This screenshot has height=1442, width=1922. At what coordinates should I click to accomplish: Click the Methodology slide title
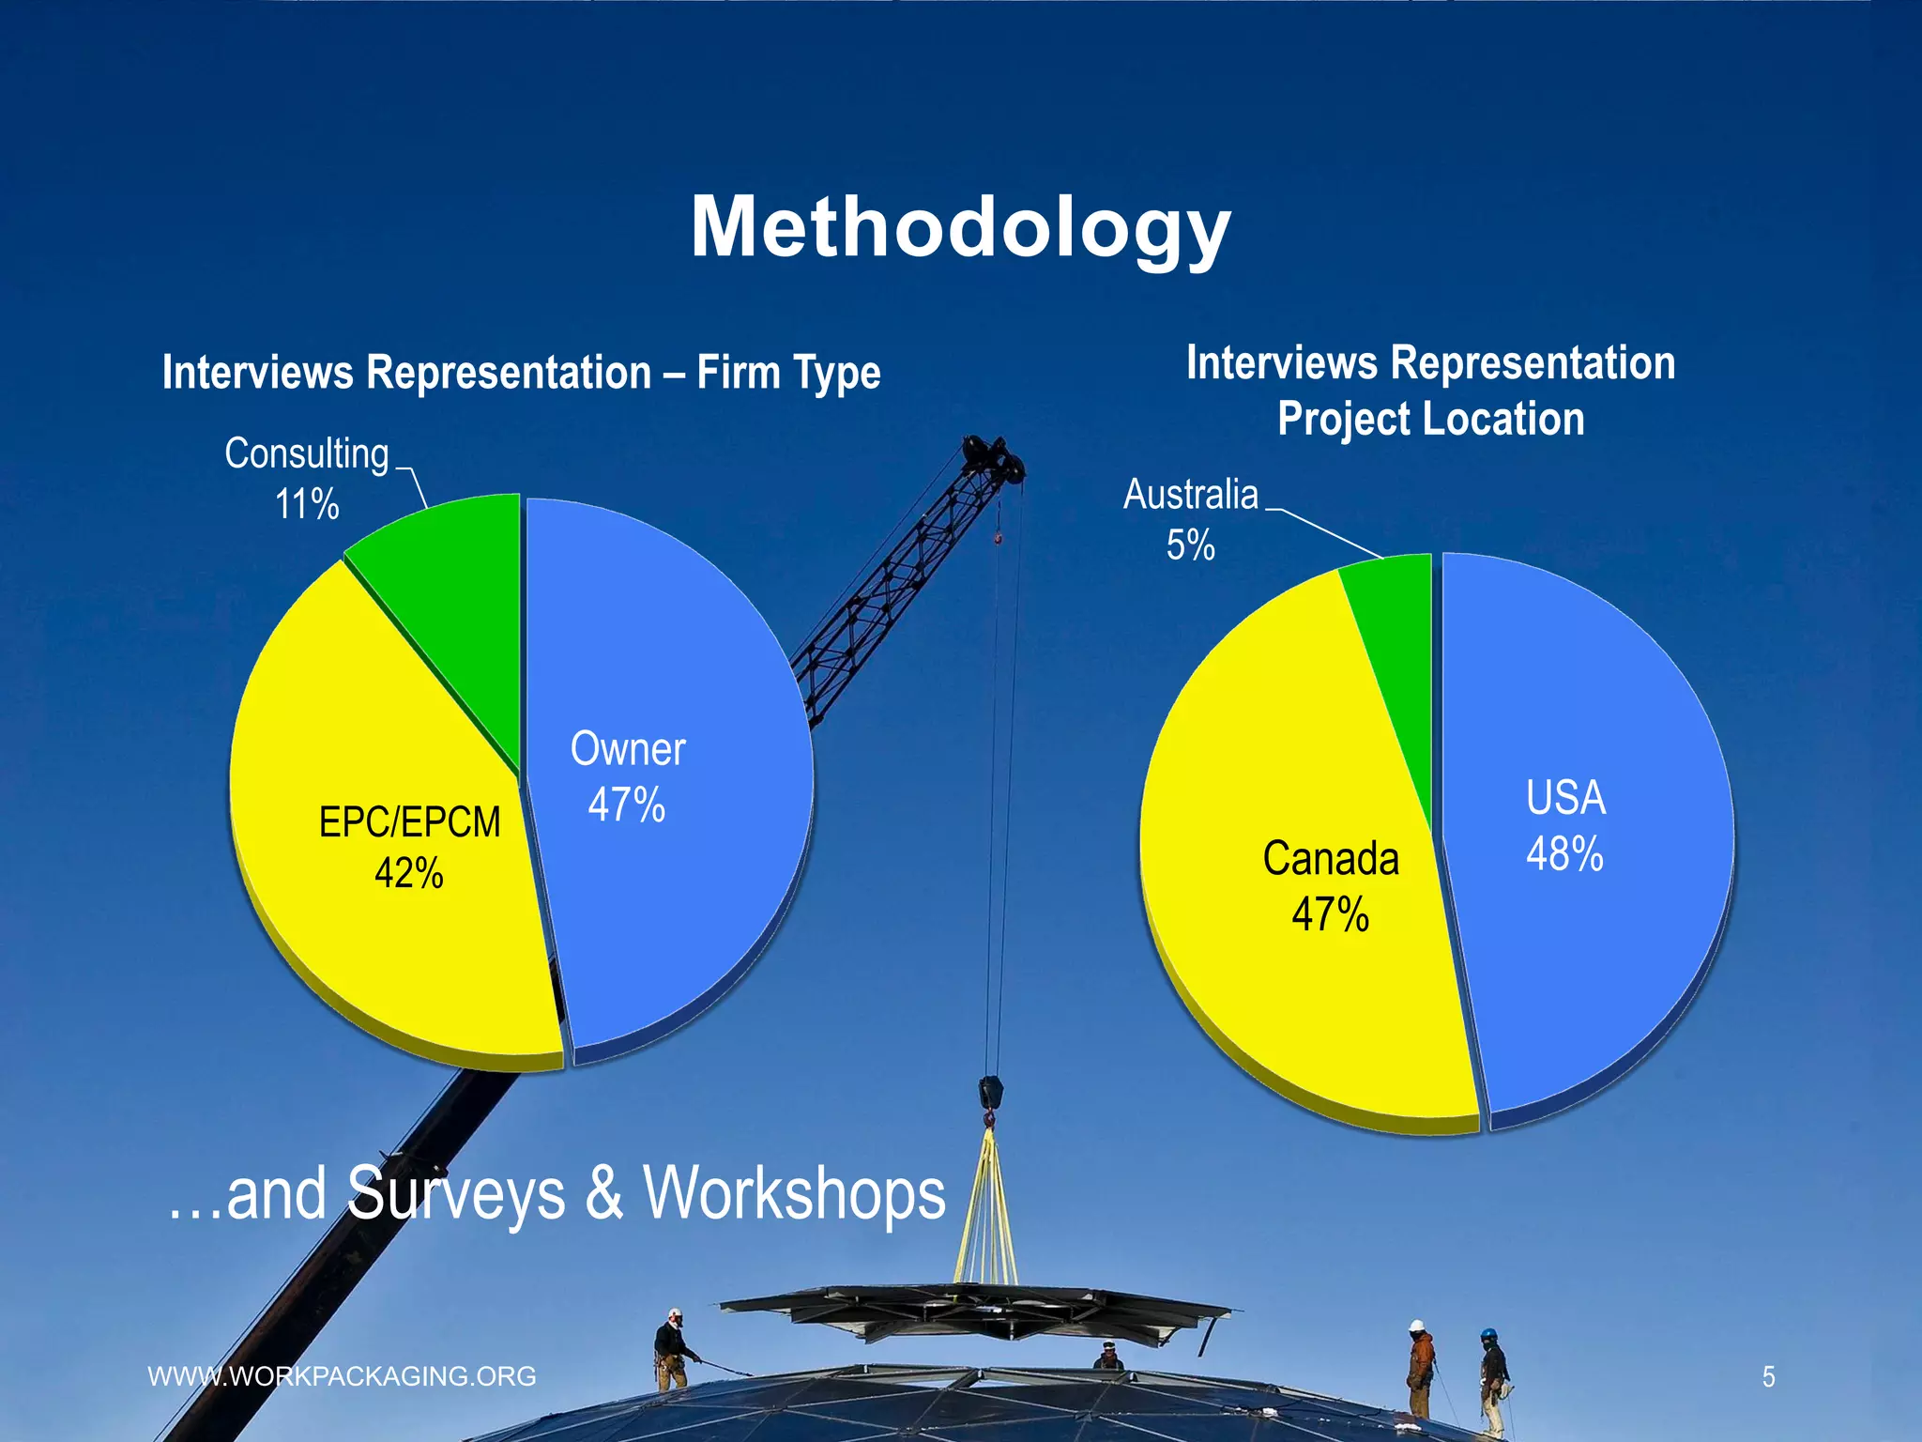click(x=960, y=227)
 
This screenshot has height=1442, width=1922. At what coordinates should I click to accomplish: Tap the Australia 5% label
click(x=1190, y=519)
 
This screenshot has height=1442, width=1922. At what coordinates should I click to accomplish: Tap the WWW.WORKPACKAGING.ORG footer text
click(x=343, y=1376)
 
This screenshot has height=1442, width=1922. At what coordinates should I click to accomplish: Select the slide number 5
click(x=1768, y=1377)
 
